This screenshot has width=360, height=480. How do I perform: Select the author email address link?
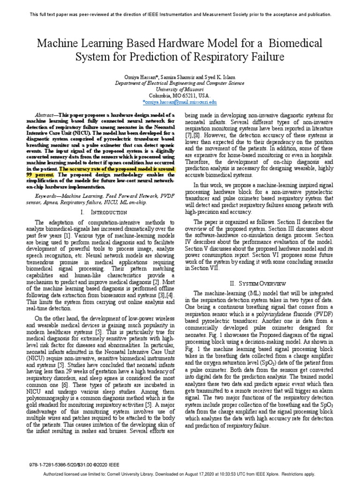[180, 101]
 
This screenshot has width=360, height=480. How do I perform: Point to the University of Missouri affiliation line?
[180, 89]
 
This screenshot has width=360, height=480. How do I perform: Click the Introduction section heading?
[99, 212]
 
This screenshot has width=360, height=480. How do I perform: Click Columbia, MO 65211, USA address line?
[180, 95]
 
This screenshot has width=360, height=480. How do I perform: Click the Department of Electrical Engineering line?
[180, 83]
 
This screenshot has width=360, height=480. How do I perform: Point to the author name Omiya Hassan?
[144, 76]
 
